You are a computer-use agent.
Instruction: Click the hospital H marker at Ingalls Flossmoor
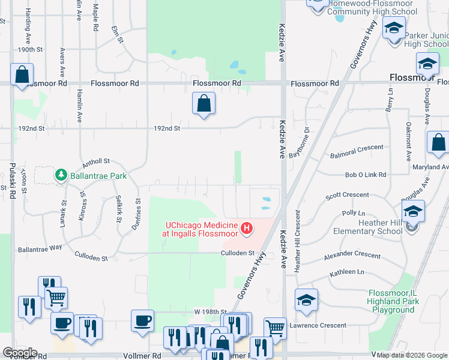[x=246, y=228]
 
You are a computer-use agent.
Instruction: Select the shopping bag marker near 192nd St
[x=204, y=103]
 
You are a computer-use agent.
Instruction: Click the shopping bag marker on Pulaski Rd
[x=22, y=76]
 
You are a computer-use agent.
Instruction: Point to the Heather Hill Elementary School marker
[x=413, y=212]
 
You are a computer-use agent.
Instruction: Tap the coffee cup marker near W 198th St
[x=143, y=321]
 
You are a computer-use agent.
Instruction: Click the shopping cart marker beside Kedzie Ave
[x=275, y=328]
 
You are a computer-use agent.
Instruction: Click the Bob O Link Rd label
[x=365, y=175]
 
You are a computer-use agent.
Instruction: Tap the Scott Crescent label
[x=347, y=196]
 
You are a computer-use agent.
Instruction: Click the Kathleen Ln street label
[x=347, y=272]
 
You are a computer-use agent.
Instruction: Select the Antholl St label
[x=96, y=161]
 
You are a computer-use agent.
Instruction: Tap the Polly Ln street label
[x=353, y=213]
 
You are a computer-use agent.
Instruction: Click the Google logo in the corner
[x=20, y=353]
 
